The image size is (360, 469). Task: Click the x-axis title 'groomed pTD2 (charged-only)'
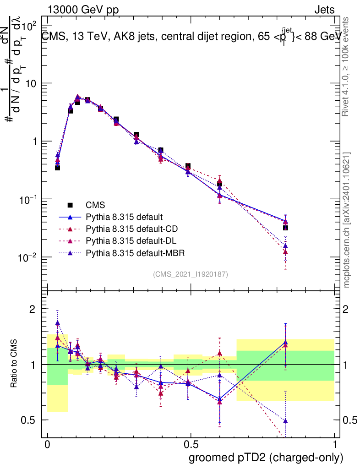click(266, 458)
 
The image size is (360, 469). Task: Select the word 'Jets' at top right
click(324, 11)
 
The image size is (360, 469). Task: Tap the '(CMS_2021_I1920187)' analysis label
click(191, 274)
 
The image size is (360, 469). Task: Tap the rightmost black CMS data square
click(285, 228)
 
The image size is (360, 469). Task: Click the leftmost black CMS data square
click(58, 168)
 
